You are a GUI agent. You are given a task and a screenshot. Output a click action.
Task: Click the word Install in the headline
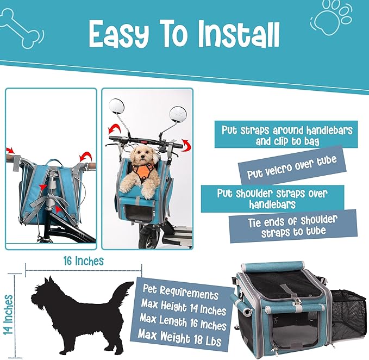(x=238, y=35)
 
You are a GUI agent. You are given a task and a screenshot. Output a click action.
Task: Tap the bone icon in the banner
(x=21, y=28)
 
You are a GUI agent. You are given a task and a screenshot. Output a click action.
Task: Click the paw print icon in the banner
(x=332, y=18)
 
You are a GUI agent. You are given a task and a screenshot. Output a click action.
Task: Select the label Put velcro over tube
(x=292, y=167)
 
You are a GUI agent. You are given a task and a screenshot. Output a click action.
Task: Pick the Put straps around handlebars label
(x=286, y=135)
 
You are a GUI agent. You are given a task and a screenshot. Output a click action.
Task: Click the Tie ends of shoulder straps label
(x=293, y=226)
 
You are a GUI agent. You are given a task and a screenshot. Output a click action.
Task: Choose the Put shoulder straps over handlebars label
(x=272, y=198)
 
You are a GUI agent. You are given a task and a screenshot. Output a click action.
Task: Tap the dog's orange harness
(x=143, y=172)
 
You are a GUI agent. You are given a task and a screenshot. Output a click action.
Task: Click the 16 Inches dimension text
(x=84, y=261)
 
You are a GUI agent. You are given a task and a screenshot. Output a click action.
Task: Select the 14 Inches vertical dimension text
(x=8, y=314)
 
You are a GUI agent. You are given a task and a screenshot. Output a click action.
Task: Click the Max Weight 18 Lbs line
(x=179, y=338)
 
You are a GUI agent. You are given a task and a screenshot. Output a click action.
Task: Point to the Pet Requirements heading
(x=180, y=292)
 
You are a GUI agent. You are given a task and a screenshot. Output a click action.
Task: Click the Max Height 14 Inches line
(x=183, y=307)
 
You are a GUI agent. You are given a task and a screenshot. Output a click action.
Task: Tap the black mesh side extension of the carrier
(x=348, y=313)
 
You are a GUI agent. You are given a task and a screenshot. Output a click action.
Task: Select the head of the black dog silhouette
(x=43, y=293)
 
